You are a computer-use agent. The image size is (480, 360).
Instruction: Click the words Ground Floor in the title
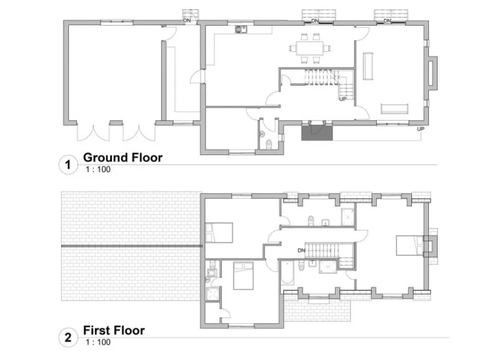coord(122,157)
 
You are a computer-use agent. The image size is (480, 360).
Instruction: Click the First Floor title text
coord(114,331)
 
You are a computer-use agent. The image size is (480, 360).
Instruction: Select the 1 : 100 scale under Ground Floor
coord(97,169)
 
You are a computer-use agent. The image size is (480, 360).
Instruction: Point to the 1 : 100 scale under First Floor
coord(97,342)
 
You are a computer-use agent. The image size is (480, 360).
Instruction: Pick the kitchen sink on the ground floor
coord(241,29)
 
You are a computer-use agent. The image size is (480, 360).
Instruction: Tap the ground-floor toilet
coord(267,145)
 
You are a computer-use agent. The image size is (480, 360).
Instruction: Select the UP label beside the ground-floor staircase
coord(343,99)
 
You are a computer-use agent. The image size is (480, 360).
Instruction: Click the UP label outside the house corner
coord(421,129)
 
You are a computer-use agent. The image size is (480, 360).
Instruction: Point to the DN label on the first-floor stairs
coord(301,251)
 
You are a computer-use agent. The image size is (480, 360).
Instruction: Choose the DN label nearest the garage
coord(187,21)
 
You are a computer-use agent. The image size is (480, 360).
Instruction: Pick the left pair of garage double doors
coord(92,132)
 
